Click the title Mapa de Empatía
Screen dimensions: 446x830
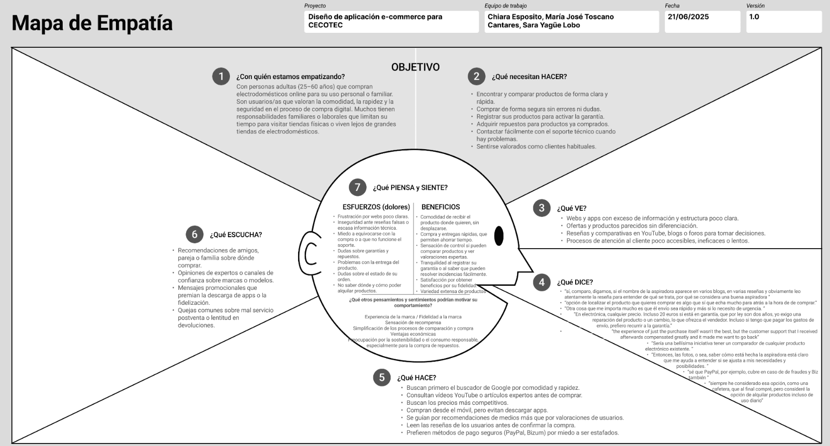[92, 23]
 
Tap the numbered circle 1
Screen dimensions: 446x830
[221, 77]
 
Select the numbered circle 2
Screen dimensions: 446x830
[476, 77]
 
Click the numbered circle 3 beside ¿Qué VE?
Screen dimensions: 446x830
[541, 208]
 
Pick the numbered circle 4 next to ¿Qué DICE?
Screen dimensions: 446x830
[541, 282]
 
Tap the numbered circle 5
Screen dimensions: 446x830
[382, 377]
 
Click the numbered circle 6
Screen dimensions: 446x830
[195, 235]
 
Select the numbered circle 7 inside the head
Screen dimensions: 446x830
[357, 187]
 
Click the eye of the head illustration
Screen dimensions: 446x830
[499, 236]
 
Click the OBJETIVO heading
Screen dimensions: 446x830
[415, 67]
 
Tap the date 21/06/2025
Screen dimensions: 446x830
[688, 17]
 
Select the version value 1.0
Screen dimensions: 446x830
[754, 17]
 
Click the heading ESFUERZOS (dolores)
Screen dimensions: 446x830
[376, 207]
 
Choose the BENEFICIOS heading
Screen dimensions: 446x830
[440, 207]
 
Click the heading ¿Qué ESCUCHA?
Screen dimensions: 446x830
[236, 235]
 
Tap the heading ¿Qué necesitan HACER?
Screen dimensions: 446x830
[529, 77]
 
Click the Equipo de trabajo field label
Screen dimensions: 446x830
[506, 6]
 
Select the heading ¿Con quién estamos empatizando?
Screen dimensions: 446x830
[291, 77]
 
